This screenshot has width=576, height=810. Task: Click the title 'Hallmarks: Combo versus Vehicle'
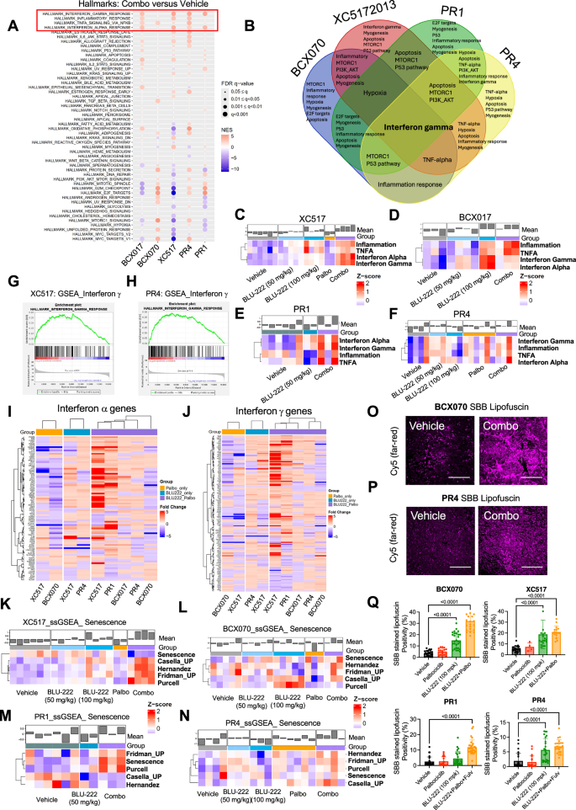[133, 6]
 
